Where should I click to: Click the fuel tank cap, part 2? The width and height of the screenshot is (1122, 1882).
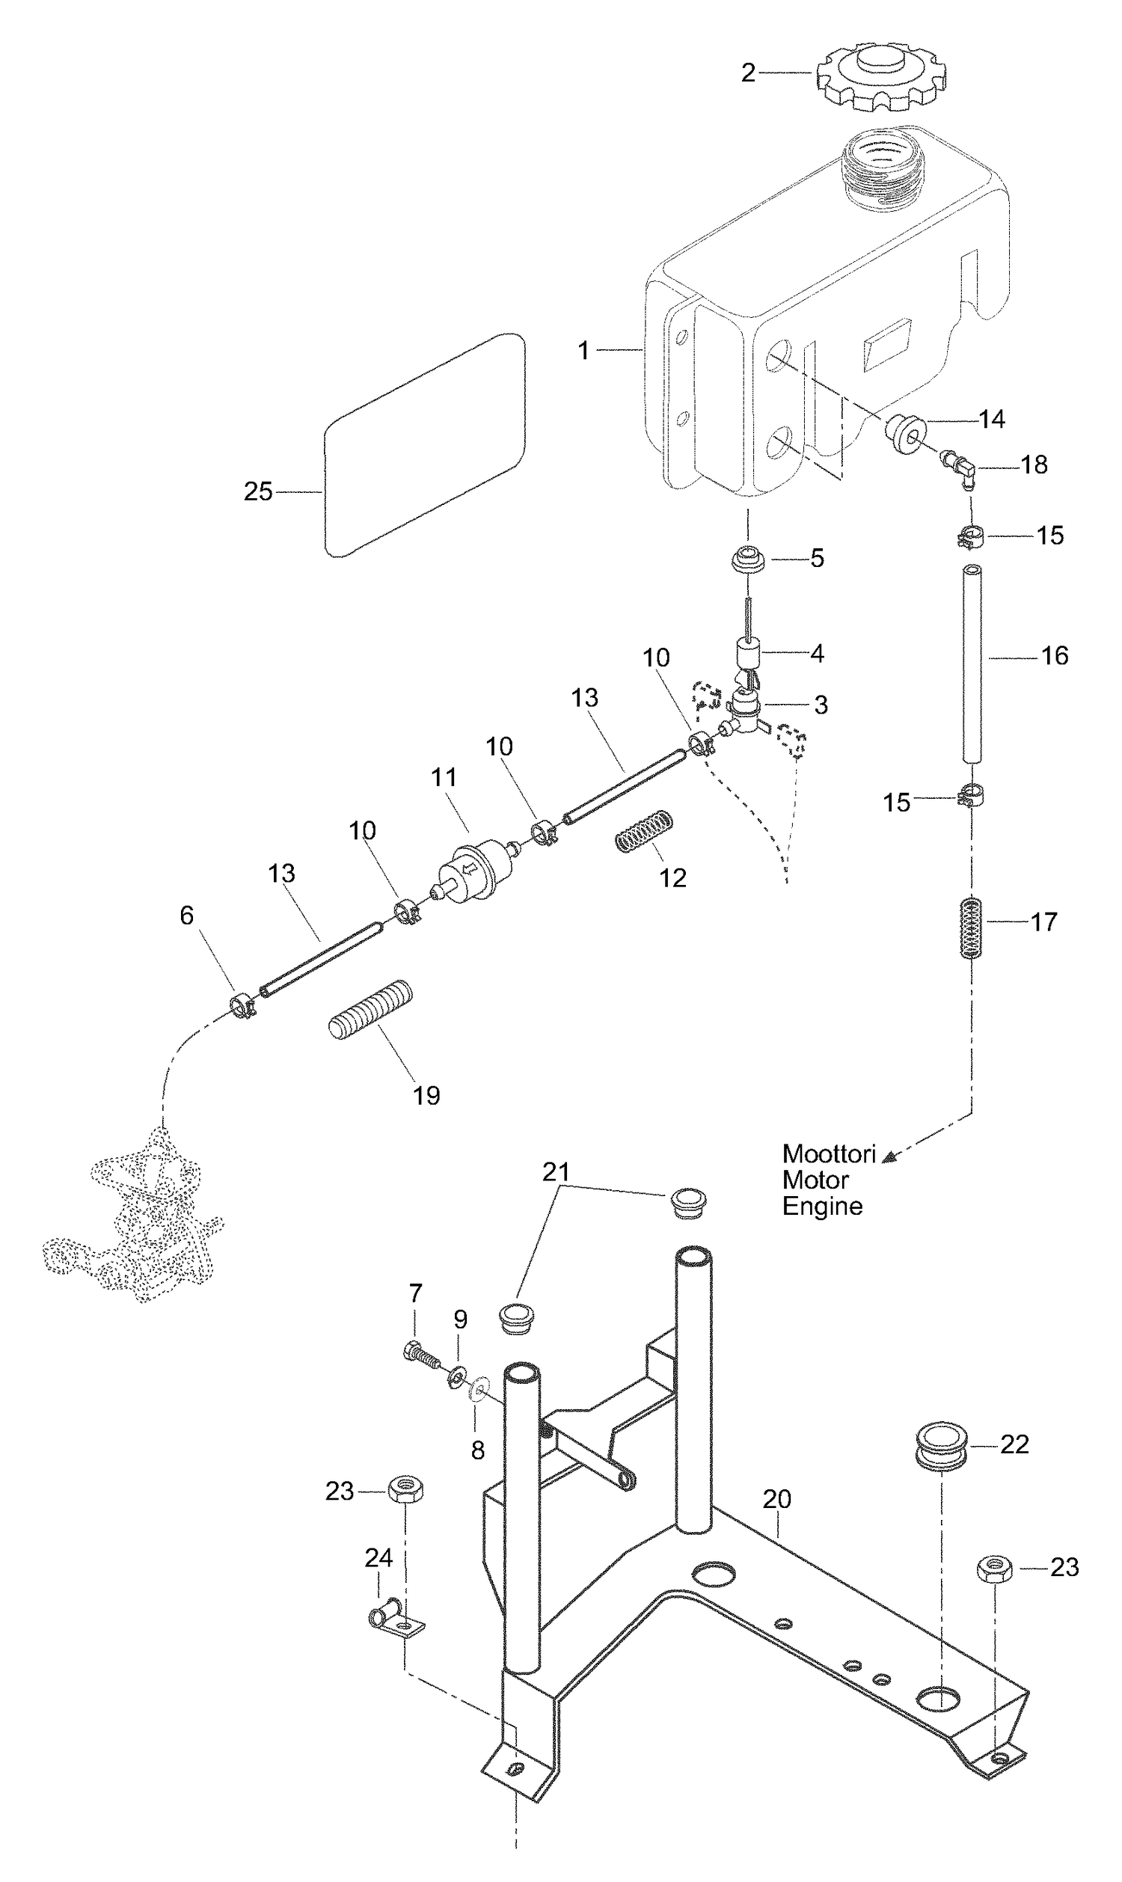(x=880, y=76)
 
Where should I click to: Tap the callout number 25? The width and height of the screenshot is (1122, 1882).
(x=258, y=491)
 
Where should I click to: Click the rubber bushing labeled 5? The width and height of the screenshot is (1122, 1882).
(x=748, y=560)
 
